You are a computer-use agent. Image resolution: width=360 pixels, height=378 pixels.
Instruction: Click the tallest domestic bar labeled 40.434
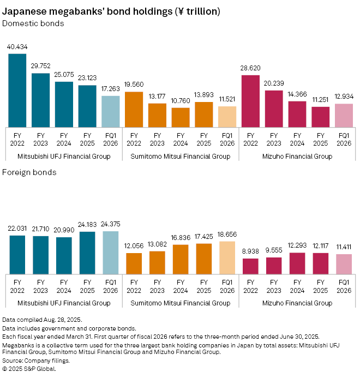click(x=17, y=90)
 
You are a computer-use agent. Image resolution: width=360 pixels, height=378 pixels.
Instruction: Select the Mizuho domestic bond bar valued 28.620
click(x=250, y=100)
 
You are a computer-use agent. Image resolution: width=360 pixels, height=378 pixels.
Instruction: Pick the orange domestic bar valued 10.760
click(x=180, y=117)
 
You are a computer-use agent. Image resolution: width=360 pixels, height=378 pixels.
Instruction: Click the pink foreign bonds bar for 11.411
click(x=344, y=264)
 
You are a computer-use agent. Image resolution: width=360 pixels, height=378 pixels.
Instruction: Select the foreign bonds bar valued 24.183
click(x=87, y=253)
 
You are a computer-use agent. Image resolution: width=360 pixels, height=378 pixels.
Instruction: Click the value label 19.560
click(x=134, y=86)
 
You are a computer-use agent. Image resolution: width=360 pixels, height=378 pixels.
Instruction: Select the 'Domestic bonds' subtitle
click(x=33, y=23)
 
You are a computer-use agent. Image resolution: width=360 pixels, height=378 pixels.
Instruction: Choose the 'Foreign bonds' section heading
click(x=29, y=172)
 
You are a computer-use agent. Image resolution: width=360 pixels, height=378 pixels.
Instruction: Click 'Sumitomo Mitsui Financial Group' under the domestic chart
click(x=180, y=157)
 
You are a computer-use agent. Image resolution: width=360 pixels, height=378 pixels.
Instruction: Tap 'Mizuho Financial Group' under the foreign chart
click(x=297, y=303)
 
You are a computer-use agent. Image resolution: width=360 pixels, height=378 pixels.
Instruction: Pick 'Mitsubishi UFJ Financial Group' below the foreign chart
click(x=64, y=303)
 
